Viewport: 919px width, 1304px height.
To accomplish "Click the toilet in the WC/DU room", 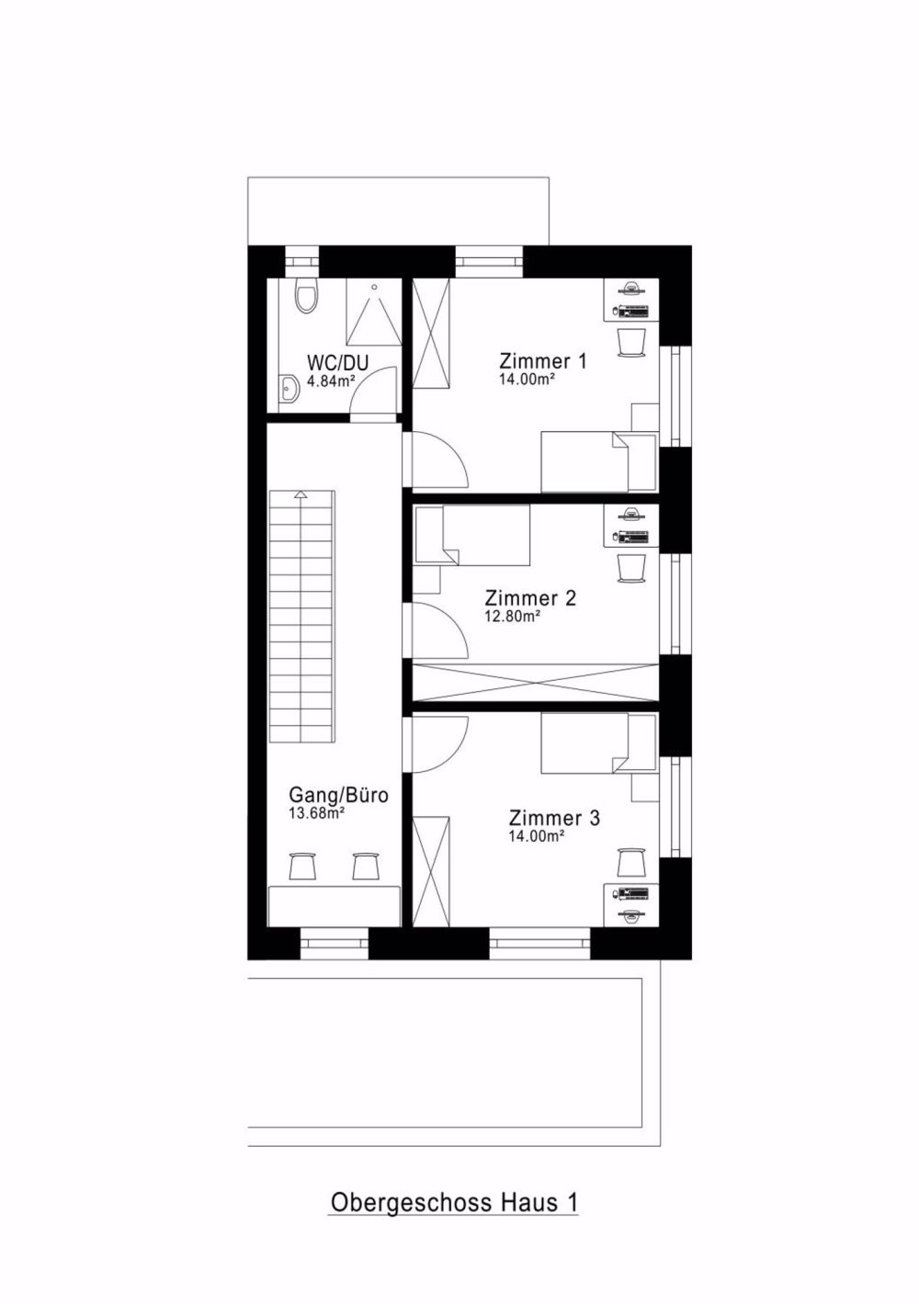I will [306, 296].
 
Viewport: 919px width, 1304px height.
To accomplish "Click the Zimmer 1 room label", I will [542, 360].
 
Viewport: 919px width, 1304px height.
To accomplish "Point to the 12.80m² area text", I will [512, 617].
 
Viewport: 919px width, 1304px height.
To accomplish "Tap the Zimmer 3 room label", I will [554, 818].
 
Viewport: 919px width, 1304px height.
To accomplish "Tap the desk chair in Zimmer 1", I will [632, 341].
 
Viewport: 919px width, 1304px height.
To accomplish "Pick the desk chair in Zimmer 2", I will [632, 567].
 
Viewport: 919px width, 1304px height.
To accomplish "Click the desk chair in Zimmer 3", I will [631, 862].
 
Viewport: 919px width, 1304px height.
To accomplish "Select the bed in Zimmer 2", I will [472, 535].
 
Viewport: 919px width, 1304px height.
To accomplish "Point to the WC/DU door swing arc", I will [375, 393].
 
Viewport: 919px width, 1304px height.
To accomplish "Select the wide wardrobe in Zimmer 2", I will [536, 680].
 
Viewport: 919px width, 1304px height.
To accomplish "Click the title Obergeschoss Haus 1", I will [453, 1202].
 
